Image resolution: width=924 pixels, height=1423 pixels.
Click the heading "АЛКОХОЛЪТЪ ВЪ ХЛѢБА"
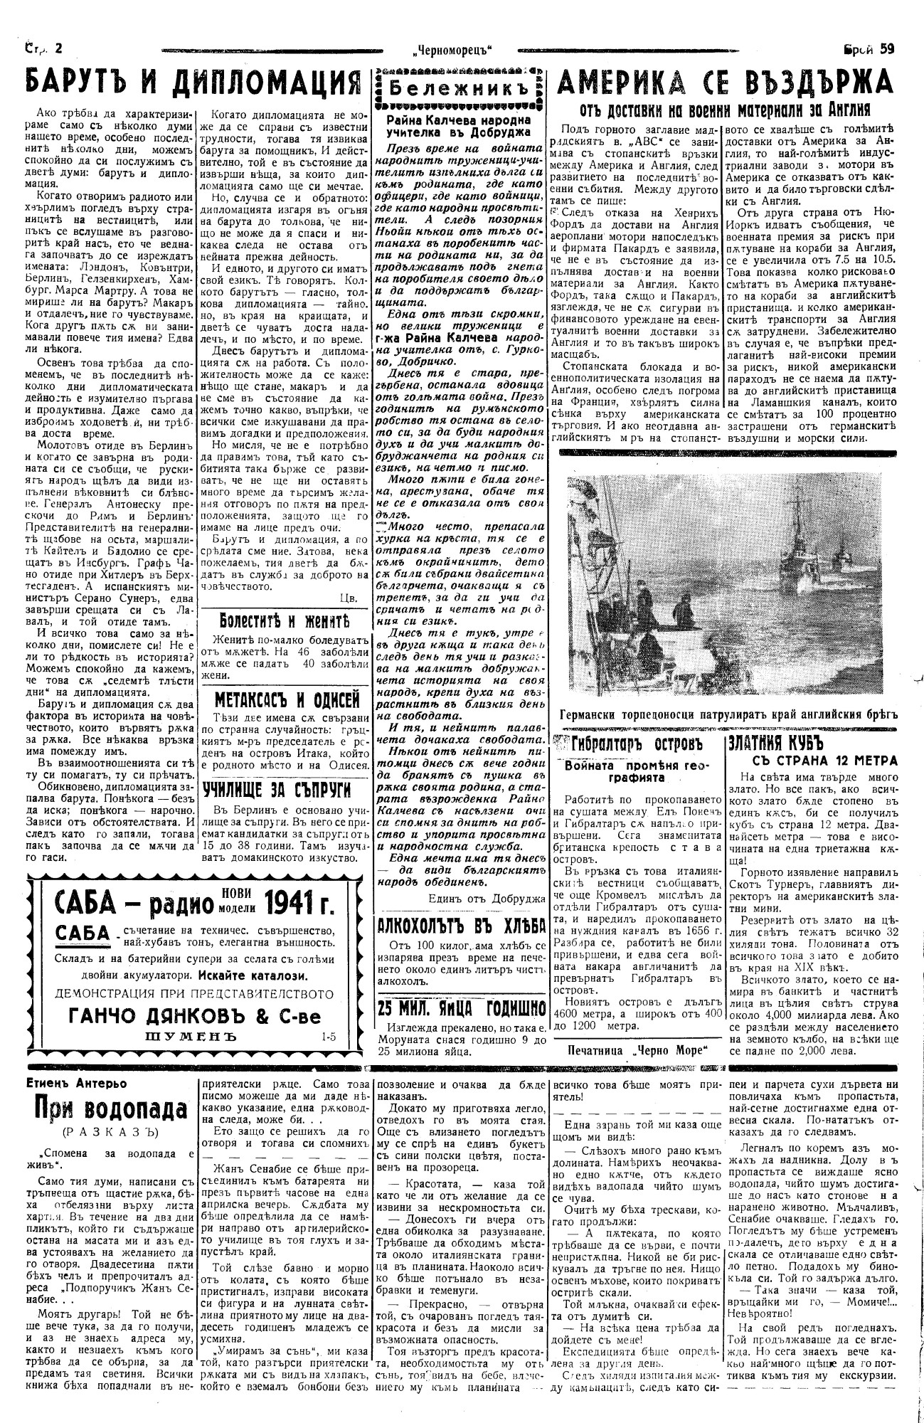[x=462, y=926]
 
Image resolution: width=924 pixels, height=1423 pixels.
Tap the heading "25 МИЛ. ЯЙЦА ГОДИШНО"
[x=462, y=1007]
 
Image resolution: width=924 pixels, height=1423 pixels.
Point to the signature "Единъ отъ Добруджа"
[x=487, y=899]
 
